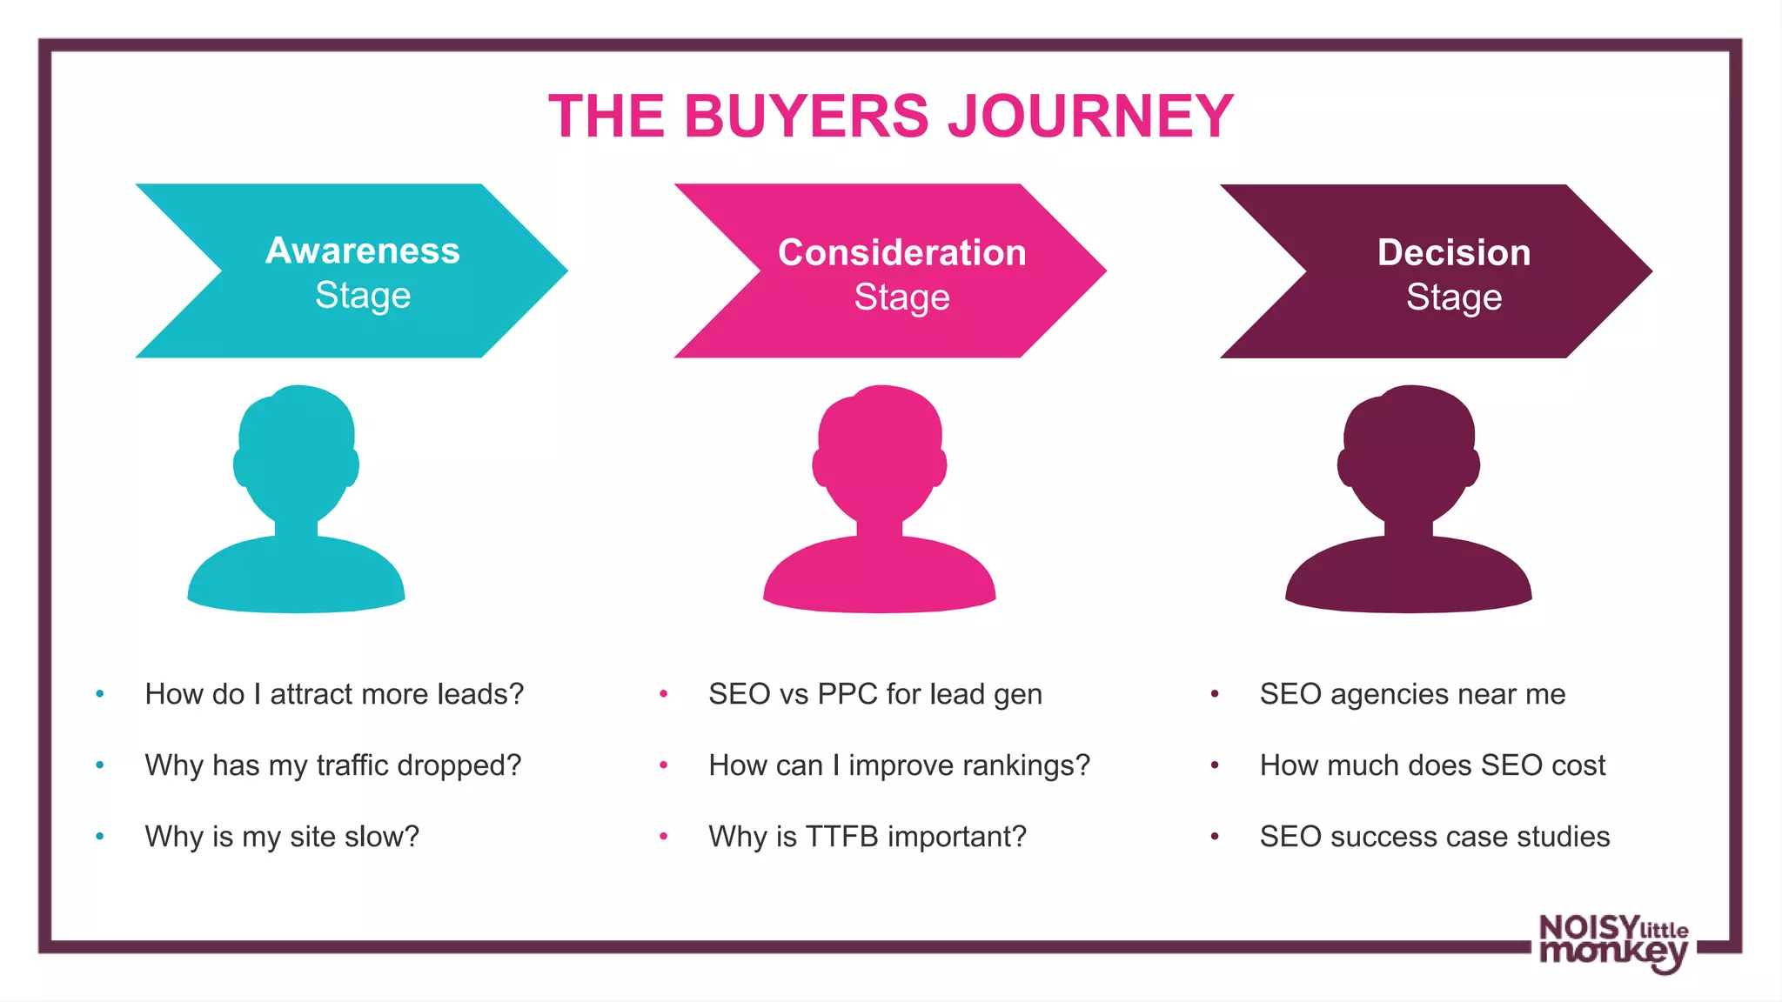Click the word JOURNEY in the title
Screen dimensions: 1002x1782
click(1090, 117)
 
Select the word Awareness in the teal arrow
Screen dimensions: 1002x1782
click(363, 250)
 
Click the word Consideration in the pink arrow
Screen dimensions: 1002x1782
click(901, 252)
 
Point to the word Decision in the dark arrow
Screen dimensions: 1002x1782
click(1454, 252)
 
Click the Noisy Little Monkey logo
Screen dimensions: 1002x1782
click(1614, 944)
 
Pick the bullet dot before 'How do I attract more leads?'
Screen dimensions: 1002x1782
click(100, 694)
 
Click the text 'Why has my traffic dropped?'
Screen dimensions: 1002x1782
click(333, 765)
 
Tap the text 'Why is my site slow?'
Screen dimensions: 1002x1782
click(282, 837)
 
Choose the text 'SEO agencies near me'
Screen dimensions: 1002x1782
click(1412, 694)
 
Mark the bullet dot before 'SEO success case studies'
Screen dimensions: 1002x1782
click(1215, 837)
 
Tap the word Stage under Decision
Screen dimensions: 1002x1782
click(1454, 297)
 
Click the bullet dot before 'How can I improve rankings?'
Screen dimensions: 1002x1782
click(664, 765)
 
